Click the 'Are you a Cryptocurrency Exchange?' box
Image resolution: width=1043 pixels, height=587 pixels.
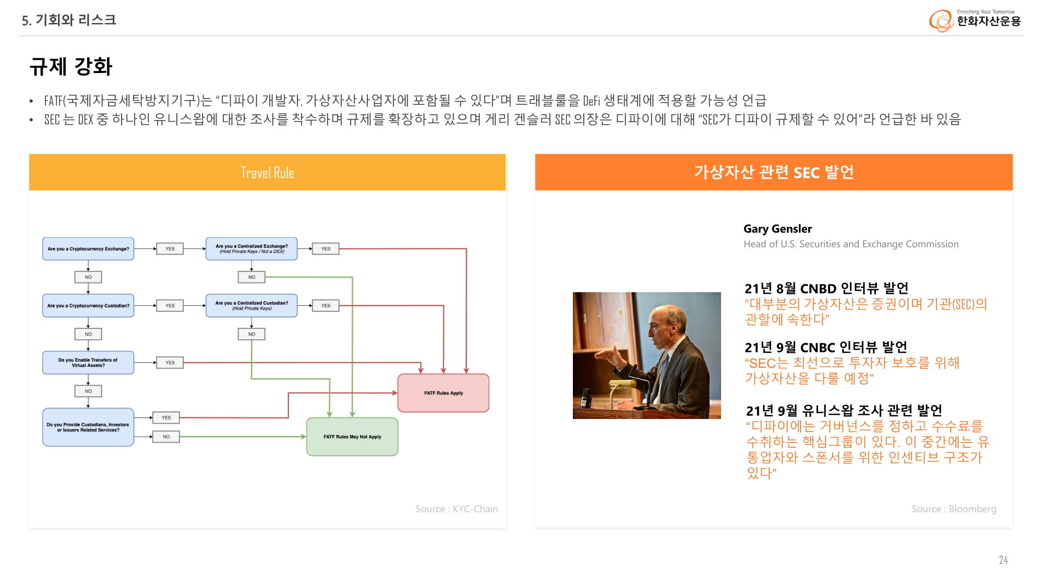88,249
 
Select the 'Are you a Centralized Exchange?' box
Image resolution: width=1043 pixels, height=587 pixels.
251,249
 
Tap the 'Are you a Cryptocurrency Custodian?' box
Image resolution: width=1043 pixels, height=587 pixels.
88,306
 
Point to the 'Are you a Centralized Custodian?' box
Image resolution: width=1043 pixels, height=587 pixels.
251,306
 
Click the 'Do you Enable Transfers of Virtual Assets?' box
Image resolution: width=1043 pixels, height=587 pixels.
88,363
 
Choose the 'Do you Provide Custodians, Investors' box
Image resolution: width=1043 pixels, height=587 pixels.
88,427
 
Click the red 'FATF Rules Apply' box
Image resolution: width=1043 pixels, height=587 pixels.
443,393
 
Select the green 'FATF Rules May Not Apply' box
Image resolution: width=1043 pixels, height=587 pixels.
352,437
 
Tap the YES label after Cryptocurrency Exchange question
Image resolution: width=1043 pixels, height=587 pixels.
170,249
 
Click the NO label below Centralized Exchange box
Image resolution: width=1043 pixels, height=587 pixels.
251,277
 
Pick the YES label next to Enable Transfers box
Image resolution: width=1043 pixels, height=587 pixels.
170,363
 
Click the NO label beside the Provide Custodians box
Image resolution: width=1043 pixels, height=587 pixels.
166,437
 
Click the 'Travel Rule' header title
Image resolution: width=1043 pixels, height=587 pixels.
267,173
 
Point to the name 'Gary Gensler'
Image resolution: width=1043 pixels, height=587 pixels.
777,229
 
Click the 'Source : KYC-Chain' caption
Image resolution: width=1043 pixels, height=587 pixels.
457,509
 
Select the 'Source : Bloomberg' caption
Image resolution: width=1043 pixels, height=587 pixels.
954,509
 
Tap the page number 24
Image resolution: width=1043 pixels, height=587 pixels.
1003,560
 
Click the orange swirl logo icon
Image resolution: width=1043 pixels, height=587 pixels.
941,21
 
